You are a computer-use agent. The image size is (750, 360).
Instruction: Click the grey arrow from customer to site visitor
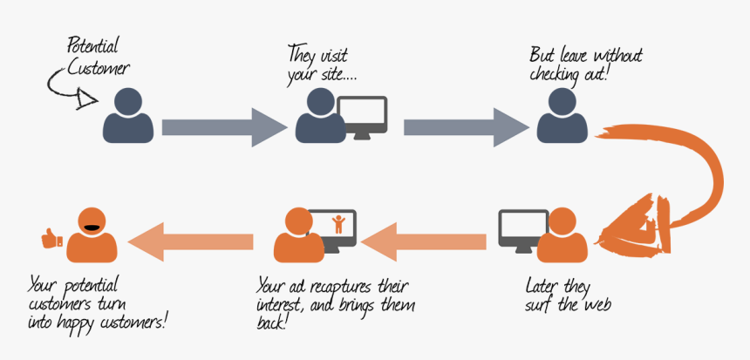pyautogui.click(x=223, y=127)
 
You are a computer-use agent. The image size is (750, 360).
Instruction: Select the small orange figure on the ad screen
pyautogui.click(x=339, y=224)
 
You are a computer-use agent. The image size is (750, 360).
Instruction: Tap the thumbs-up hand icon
pyautogui.click(x=51, y=236)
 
